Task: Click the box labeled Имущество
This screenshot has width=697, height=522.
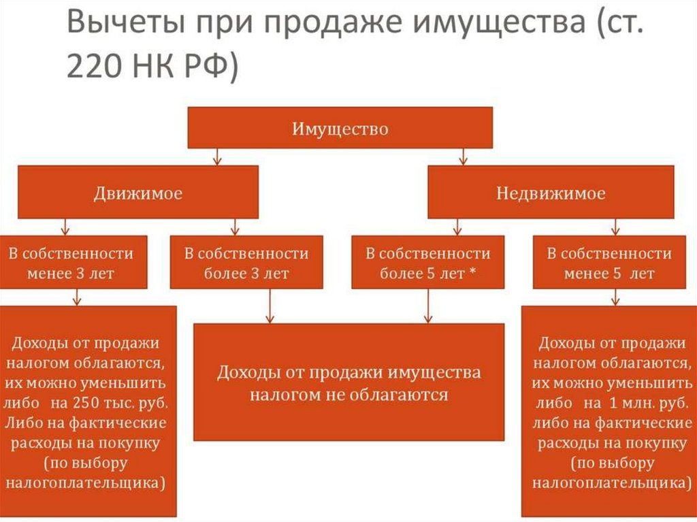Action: [x=340, y=127]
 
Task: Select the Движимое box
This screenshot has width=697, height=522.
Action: [x=137, y=193]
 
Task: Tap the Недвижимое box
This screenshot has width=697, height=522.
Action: [x=550, y=193]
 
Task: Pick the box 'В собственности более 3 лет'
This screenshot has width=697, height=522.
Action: [x=246, y=263]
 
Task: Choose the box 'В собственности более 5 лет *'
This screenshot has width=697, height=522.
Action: [x=427, y=263]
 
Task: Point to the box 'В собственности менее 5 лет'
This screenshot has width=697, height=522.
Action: [x=609, y=263]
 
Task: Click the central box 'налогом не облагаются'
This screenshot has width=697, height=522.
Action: [x=348, y=382]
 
